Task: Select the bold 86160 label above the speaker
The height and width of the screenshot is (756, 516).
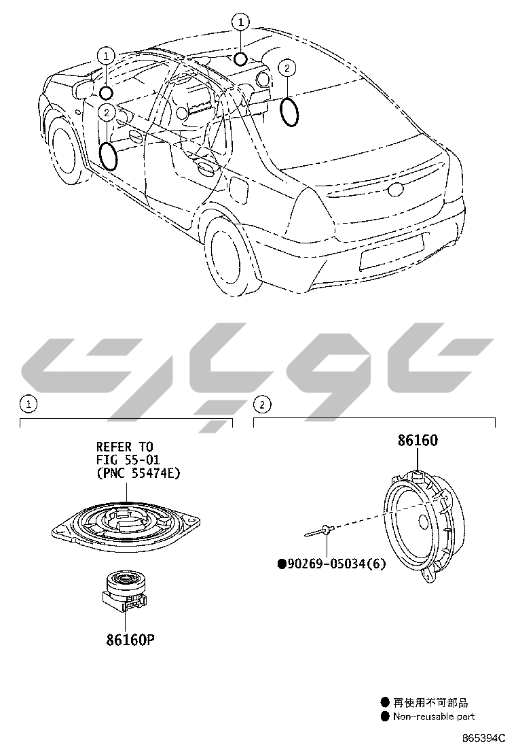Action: pyautogui.click(x=418, y=441)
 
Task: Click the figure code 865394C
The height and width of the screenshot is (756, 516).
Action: pyautogui.click(x=484, y=738)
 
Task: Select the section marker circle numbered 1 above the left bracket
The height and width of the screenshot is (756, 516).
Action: pyautogui.click(x=28, y=404)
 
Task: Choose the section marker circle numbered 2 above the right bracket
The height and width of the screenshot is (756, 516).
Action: pyautogui.click(x=262, y=405)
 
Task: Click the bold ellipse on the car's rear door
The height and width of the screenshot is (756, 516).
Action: pyautogui.click(x=290, y=111)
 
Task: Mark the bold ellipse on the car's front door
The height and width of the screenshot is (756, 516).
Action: pyautogui.click(x=108, y=156)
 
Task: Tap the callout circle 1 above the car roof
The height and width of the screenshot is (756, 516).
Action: pyautogui.click(x=240, y=22)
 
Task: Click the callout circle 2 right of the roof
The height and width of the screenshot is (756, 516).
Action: pyautogui.click(x=287, y=68)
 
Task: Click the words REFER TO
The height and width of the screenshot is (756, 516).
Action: pyautogui.click(x=125, y=447)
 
